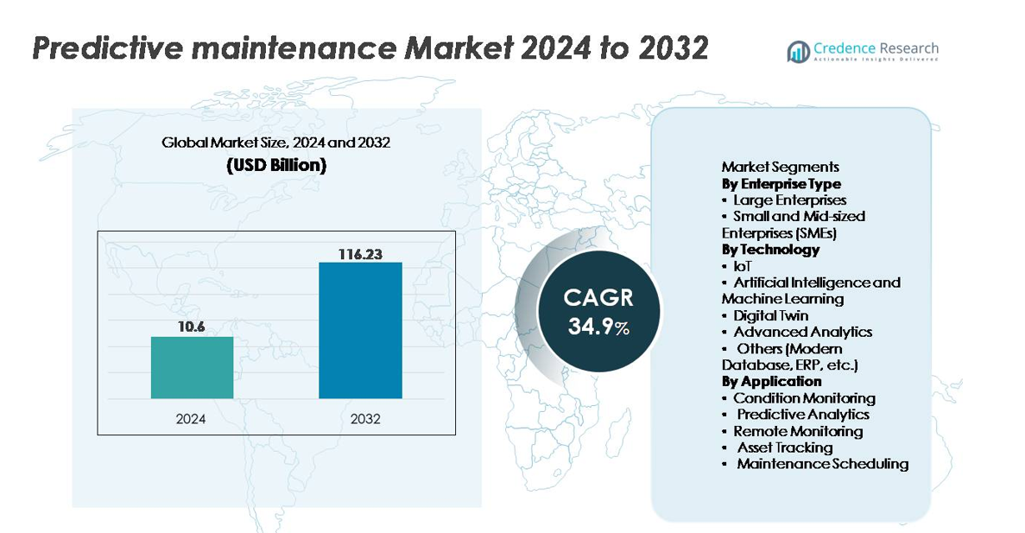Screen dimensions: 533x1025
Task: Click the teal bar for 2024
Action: click(192, 367)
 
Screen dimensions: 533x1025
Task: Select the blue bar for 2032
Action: click(360, 330)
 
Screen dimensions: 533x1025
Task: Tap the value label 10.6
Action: click(192, 327)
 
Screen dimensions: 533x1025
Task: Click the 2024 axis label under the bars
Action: click(192, 419)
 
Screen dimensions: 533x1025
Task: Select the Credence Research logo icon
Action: click(798, 52)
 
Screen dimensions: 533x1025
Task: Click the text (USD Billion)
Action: click(276, 166)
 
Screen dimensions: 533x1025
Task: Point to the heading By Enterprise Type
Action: click(781, 184)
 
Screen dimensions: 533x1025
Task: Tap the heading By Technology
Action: click(770, 250)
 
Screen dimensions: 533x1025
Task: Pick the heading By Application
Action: click(771, 381)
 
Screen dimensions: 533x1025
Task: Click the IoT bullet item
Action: click(742, 266)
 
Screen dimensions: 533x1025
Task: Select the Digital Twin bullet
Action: click(770, 315)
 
